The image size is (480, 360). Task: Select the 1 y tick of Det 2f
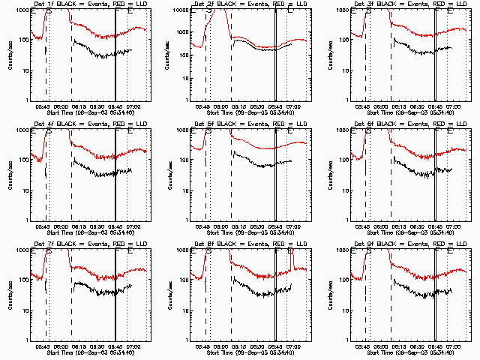[x=186, y=100]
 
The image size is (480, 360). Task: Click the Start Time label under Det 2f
[x=248, y=113]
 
